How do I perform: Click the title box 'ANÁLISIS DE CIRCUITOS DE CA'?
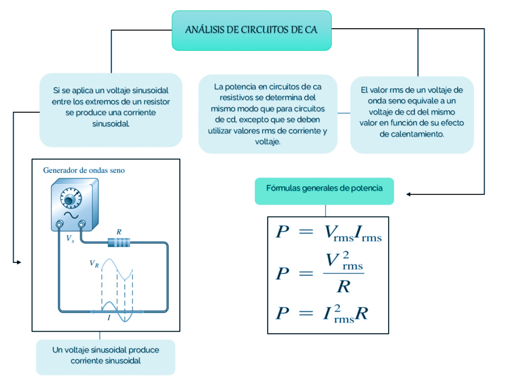(251, 30)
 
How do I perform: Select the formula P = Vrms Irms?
(328, 233)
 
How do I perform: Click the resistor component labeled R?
(119, 242)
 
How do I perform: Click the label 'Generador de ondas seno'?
(84, 171)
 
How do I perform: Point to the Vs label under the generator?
(70, 238)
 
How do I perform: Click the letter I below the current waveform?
(109, 318)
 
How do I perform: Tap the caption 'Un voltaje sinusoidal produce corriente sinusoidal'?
(105, 355)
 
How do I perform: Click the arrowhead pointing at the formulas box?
(409, 194)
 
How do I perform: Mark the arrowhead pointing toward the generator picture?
(18, 262)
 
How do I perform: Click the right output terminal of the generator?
(80, 225)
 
